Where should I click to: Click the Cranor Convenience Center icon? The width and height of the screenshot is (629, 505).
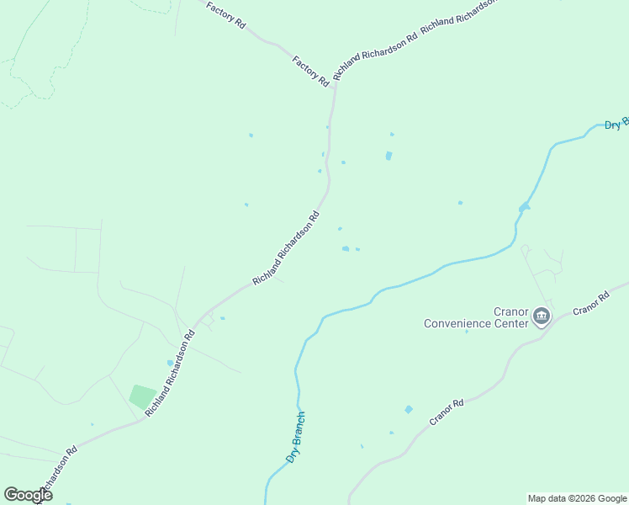pos(541,317)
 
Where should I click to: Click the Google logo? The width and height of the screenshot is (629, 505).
pos(28,495)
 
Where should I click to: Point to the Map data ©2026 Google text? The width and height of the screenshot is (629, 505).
pos(577,498)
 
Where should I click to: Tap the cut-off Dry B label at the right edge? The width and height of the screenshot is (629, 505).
pos(616,124)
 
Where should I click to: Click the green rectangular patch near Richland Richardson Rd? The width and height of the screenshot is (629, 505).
pos(142,396)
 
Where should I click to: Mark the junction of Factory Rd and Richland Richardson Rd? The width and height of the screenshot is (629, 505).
pos(336,82)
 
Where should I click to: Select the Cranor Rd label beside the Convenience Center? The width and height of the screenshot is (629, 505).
pos(590,305)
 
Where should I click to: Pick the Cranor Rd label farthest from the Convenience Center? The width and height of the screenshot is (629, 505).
pos(447,412)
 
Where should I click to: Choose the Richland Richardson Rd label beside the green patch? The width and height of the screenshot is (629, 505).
pos(170,373)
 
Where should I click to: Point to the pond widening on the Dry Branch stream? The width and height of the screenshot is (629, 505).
pos(524,206)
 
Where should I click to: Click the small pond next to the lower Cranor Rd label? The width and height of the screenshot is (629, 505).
pos(409,409)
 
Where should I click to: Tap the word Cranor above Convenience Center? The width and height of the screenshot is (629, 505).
pos(510,311)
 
